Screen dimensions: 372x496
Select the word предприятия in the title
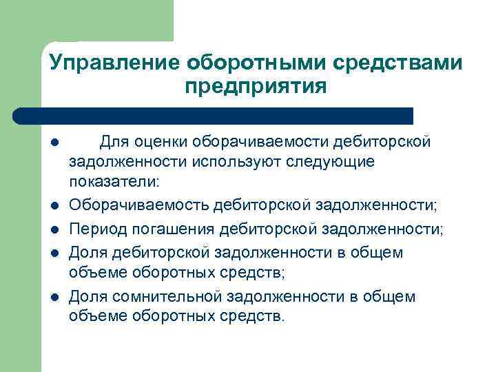coord(255,87)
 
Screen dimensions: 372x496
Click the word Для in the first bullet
coord(112,142)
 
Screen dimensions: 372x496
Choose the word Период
coord(96,229)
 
